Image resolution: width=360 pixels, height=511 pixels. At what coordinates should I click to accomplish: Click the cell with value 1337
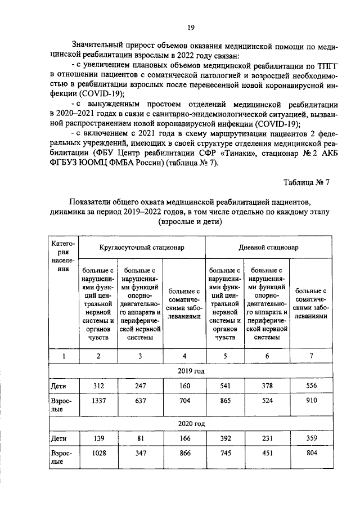pyautogui.click(x=98, y=401)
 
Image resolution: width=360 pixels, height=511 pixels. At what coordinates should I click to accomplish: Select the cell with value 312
pyautogui.click(x=98, y=387)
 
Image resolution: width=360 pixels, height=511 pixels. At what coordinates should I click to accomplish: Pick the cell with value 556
pyautogui.click(x=310, y=387)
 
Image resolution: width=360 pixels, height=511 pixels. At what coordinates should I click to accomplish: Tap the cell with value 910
pyautogui.click(x=310, y=401)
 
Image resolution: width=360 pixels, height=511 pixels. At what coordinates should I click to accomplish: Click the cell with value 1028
pyautogui.click(x=98, y=452)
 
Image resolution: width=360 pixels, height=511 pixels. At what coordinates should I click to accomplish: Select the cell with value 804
pyautogui.click(x=310, y=452)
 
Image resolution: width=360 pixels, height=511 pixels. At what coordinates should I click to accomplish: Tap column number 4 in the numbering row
pyautogui.click(x=184, y=356)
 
